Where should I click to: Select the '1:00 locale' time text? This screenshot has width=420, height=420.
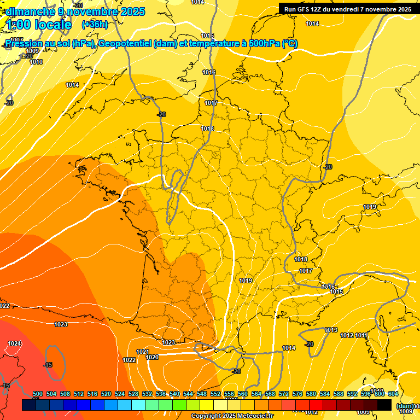click(37, 25)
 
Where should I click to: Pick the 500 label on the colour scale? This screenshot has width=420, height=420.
click(38, 394)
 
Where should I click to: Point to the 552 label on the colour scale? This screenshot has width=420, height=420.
click(215, 394)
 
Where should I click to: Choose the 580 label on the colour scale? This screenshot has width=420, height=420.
click(311, 394)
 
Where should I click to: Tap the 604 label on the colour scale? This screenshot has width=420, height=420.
click(393, 394)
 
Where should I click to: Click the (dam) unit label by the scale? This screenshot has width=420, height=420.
click(405, 406)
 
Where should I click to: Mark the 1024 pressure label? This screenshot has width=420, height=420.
click(14, 343)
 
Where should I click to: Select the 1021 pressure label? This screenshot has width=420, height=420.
click(143, 352)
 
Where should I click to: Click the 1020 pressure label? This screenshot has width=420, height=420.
click(152, 357)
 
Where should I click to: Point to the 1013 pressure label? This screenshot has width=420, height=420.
click(331, 330)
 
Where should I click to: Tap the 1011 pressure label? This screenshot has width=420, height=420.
click(361, 335)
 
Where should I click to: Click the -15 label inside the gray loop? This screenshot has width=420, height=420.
click(48, 365)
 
